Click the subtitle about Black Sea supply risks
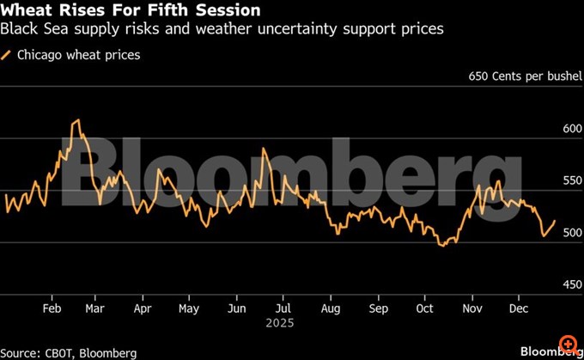pyautogui.click(x=222, y=29)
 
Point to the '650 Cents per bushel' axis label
pyautogui.click(x=525, y=76)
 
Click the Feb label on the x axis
pyautogui.click(x=51, y=308)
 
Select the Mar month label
pyautogui.click(x=95, y=308)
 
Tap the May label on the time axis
pyautogui.click(x=189, y=308)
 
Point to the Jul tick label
pyautogui.click(x=283, y=308)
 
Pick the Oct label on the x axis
pyautogui.click(x=424, y=308)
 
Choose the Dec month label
pyautogui.click(x=518, y=308)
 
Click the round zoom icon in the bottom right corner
pyautogui.click(x=568, y=344)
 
